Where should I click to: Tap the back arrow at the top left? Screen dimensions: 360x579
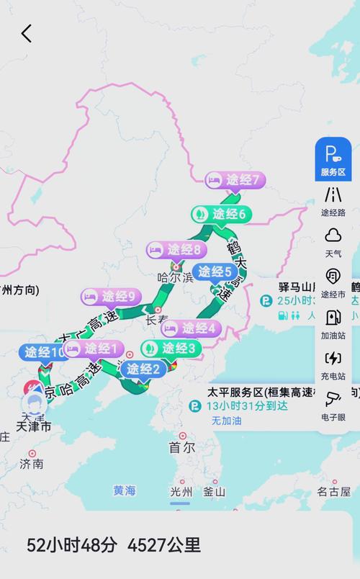click(27, 33)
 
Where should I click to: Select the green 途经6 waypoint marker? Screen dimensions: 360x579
click(221, 214)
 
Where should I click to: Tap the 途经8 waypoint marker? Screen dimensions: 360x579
click(176, 250)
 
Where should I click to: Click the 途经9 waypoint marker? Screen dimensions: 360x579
click(110, 296)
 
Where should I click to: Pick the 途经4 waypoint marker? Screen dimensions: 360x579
click(191, 328)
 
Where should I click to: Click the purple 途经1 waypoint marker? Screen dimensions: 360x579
click(94, 349)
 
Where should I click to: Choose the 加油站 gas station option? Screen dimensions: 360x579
click(333, 323)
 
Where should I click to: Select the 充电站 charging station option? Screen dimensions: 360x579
click(333, 364)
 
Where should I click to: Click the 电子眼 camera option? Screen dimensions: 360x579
click(333, 405)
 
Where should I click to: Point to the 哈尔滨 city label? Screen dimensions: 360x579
click(176, 277)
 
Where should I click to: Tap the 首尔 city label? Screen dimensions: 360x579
click(182, 447)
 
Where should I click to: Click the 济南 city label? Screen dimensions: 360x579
click(32, 464)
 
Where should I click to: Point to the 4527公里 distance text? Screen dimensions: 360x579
click(164, 545)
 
